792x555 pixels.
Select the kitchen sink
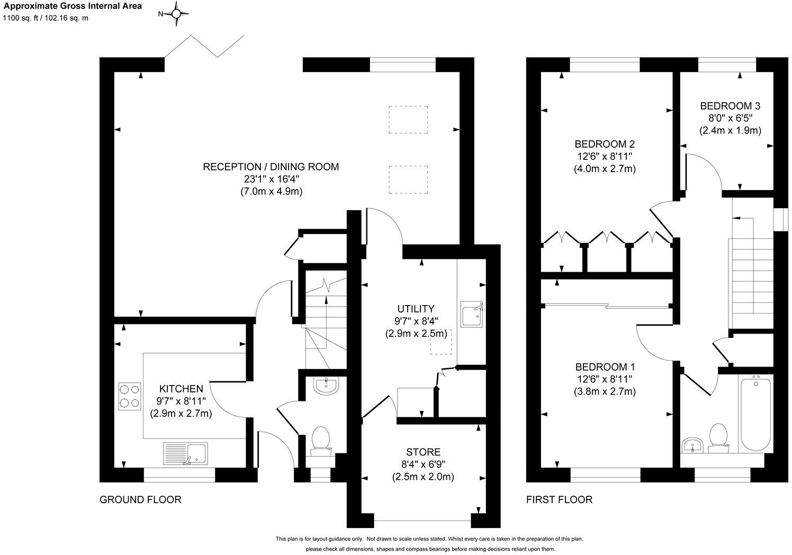coord(185,453)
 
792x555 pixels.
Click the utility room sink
coord(471,314)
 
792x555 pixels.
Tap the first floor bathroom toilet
coord(718,437)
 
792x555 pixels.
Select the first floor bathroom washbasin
coord(691,445)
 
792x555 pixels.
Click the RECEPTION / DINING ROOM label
coord(271,167)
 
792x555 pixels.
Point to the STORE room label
coord(423,452)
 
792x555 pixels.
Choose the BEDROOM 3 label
coord(730,105)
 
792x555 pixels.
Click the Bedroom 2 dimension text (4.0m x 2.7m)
coord(605,169)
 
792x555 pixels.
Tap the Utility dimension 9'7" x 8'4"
coord(416,321)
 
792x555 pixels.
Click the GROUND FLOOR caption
coord(140,499)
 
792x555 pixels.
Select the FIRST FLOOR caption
coord(559,499)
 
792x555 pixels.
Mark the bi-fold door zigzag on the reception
coord(204,46)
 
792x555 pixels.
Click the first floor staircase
coord(752,275)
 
